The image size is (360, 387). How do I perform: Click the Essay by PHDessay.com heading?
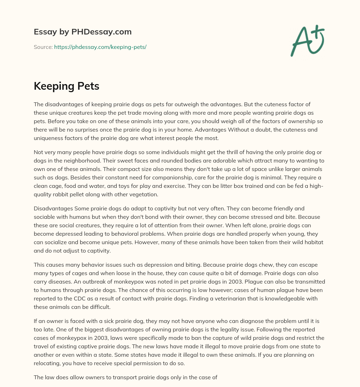click(83, 32)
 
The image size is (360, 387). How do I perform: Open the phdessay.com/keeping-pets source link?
click(100, 47)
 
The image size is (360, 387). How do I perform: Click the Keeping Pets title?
click(66, 86)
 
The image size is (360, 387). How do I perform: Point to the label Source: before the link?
click(43, 47)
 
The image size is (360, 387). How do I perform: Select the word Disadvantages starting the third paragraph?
click(53, 208)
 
